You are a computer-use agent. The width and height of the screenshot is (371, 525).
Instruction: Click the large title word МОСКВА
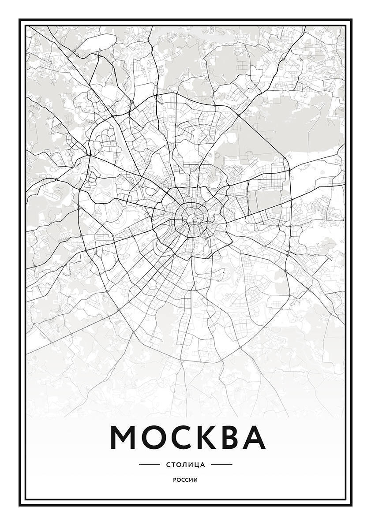point(187,436)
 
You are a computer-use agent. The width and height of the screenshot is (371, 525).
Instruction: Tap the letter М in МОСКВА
point(124,436)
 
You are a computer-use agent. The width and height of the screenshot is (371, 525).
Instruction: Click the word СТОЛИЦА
point(185,465)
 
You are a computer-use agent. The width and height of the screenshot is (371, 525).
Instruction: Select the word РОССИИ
point(185,480)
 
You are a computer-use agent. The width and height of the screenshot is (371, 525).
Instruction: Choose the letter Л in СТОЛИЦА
point(184,465)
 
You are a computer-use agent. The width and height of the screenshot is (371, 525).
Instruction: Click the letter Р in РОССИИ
point(175,480)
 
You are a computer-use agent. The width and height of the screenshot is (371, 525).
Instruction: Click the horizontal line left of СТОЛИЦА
point(149,465)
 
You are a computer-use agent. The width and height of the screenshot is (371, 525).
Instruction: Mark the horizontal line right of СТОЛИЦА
point(221,465)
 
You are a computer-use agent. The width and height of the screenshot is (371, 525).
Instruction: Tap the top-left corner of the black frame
point(20,20)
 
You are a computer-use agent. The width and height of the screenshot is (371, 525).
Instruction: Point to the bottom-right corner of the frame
point(351,505)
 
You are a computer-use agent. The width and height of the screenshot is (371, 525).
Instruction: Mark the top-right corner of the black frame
point(351,20)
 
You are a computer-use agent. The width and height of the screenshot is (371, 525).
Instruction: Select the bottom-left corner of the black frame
point(20,505)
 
